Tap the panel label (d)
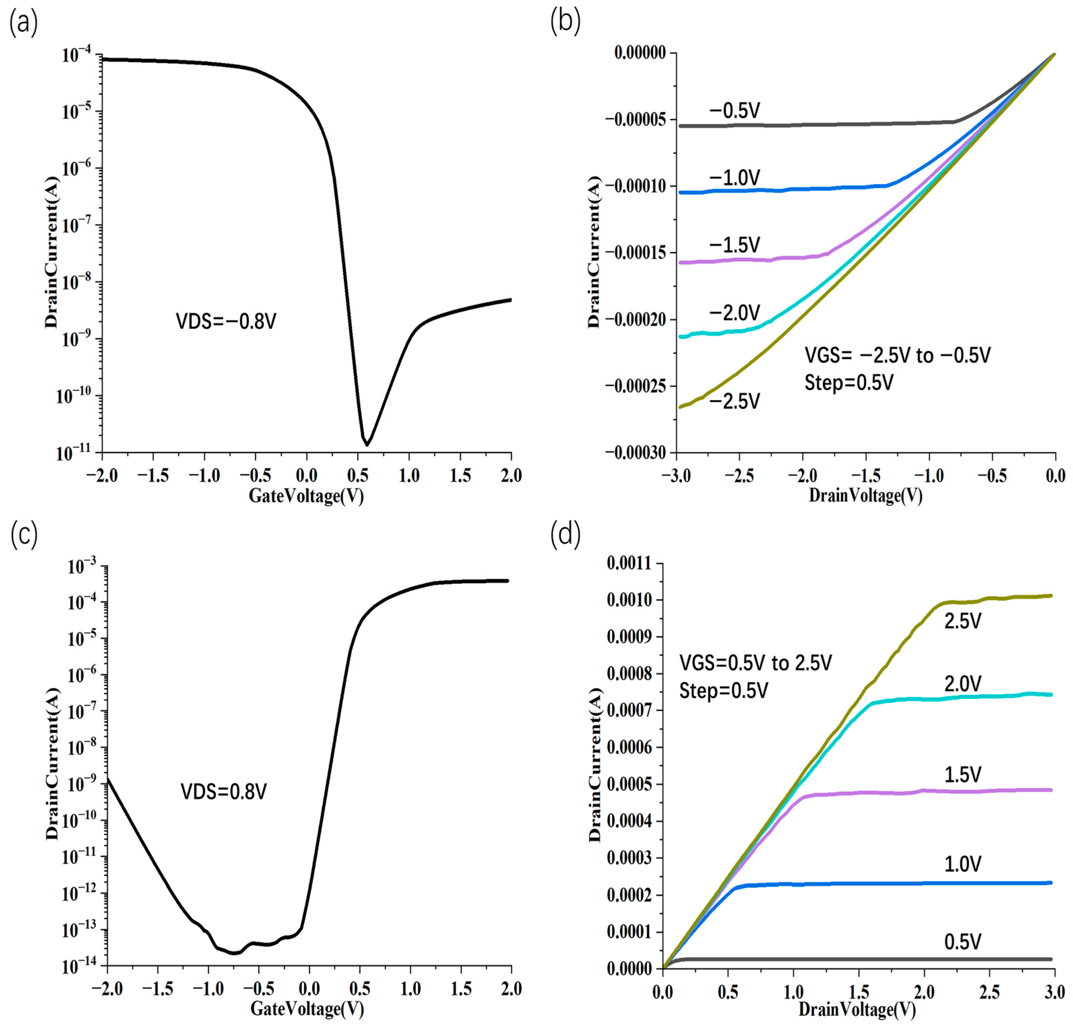point(565,535)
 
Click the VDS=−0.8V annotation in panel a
point(226,321)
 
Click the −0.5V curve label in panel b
point(734,111)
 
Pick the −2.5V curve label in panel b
point(734,402)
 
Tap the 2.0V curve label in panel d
point(963,684)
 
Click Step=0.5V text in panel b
point(849,382)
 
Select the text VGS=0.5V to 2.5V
point(755,663)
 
